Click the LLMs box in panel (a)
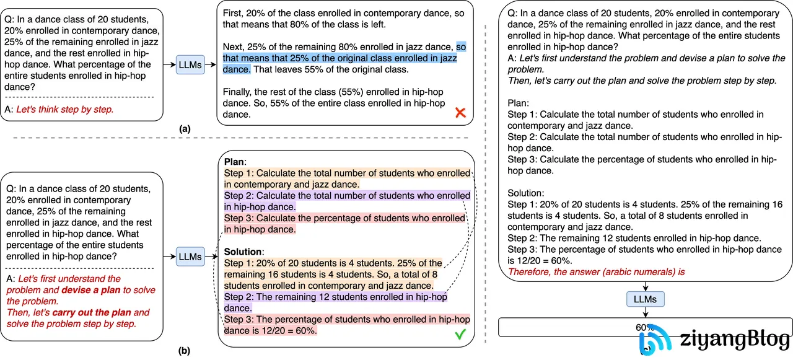(x=190, y=64)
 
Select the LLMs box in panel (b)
(x=190, y=256)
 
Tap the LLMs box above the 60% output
(x=645, y=299)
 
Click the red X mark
(x=460, y=113)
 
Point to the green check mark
(x=460, y=335)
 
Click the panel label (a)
(x=184, y=130)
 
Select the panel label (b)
(x=184, y=351)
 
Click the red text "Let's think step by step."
(x=64, y=109)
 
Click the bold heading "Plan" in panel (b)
(x=234, y=162)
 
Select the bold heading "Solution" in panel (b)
(x=243, y=252)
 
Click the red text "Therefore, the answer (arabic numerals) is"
(x=596, y=271)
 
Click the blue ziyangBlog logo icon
(x=656, y=340)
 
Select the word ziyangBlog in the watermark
(x=735, y=340)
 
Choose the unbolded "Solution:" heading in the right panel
(x=525, y=193)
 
